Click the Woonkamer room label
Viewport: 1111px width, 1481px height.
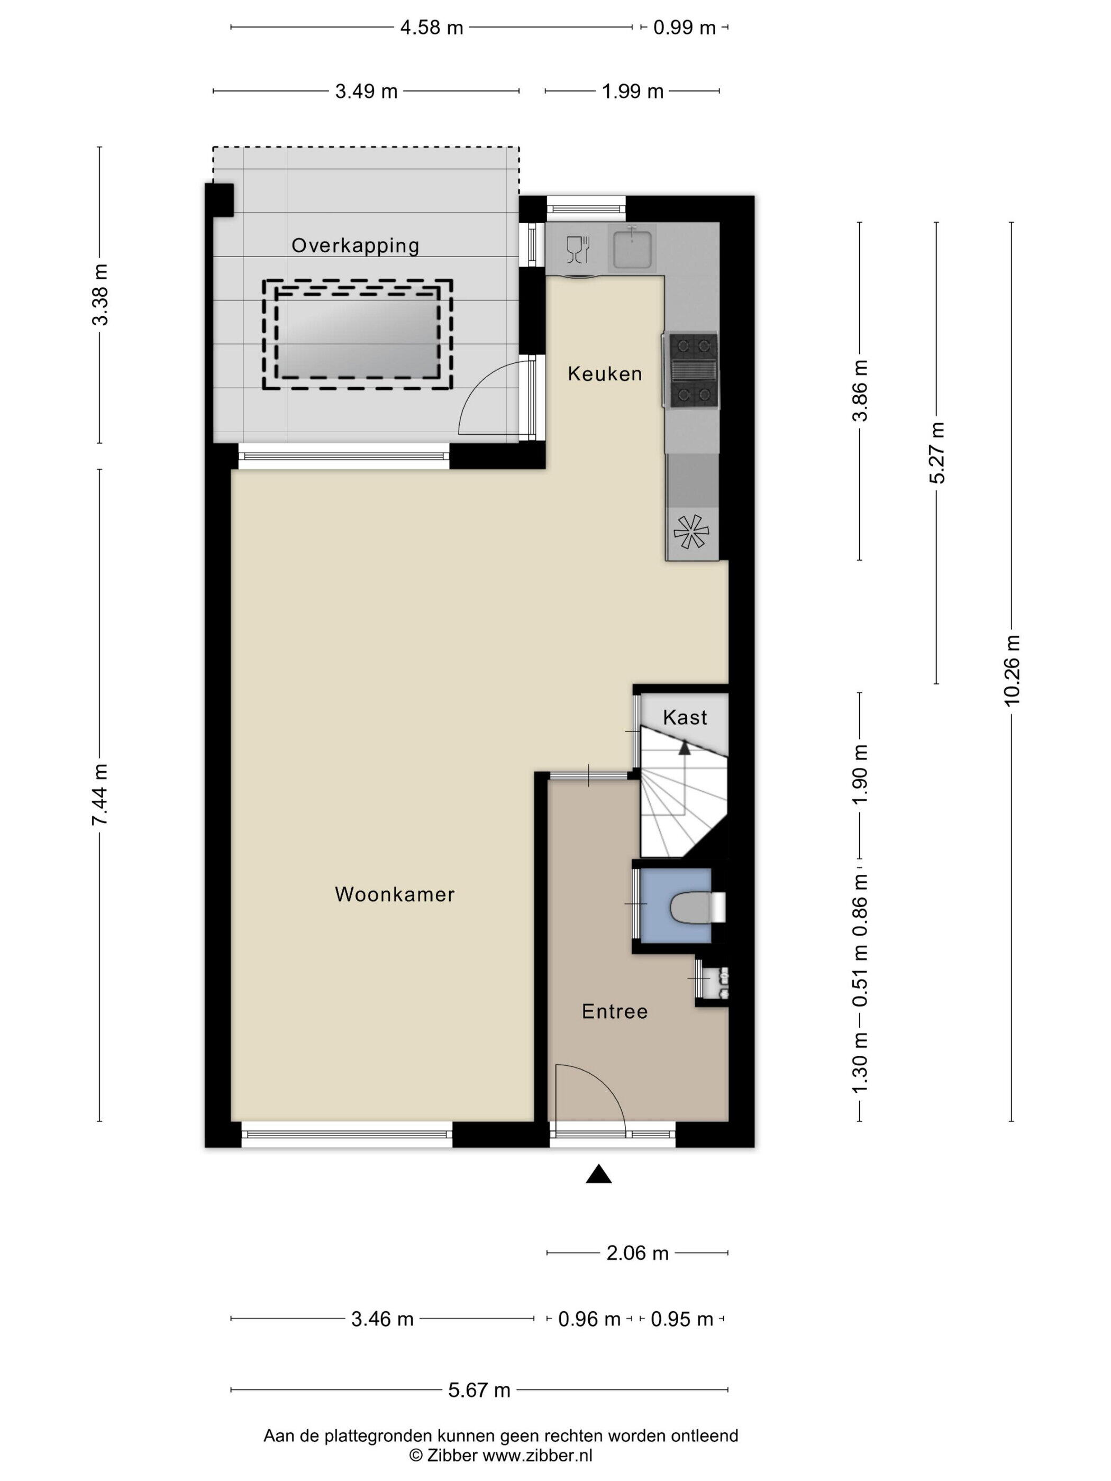pos(395,894)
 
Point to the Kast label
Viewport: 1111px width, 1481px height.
pos(685,718)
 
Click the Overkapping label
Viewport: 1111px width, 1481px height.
pos(356,246)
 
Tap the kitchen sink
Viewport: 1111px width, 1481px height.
pos(632,246)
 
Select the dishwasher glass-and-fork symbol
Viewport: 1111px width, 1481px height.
pos(577,249)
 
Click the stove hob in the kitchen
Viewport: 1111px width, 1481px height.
pos(691,371)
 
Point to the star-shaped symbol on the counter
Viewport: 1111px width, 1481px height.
pos(691,532)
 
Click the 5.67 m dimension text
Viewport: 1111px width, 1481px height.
pos(479,1390)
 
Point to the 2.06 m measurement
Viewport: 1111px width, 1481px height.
pos(637,1253)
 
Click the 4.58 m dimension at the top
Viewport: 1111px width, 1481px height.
pos(431,28)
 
